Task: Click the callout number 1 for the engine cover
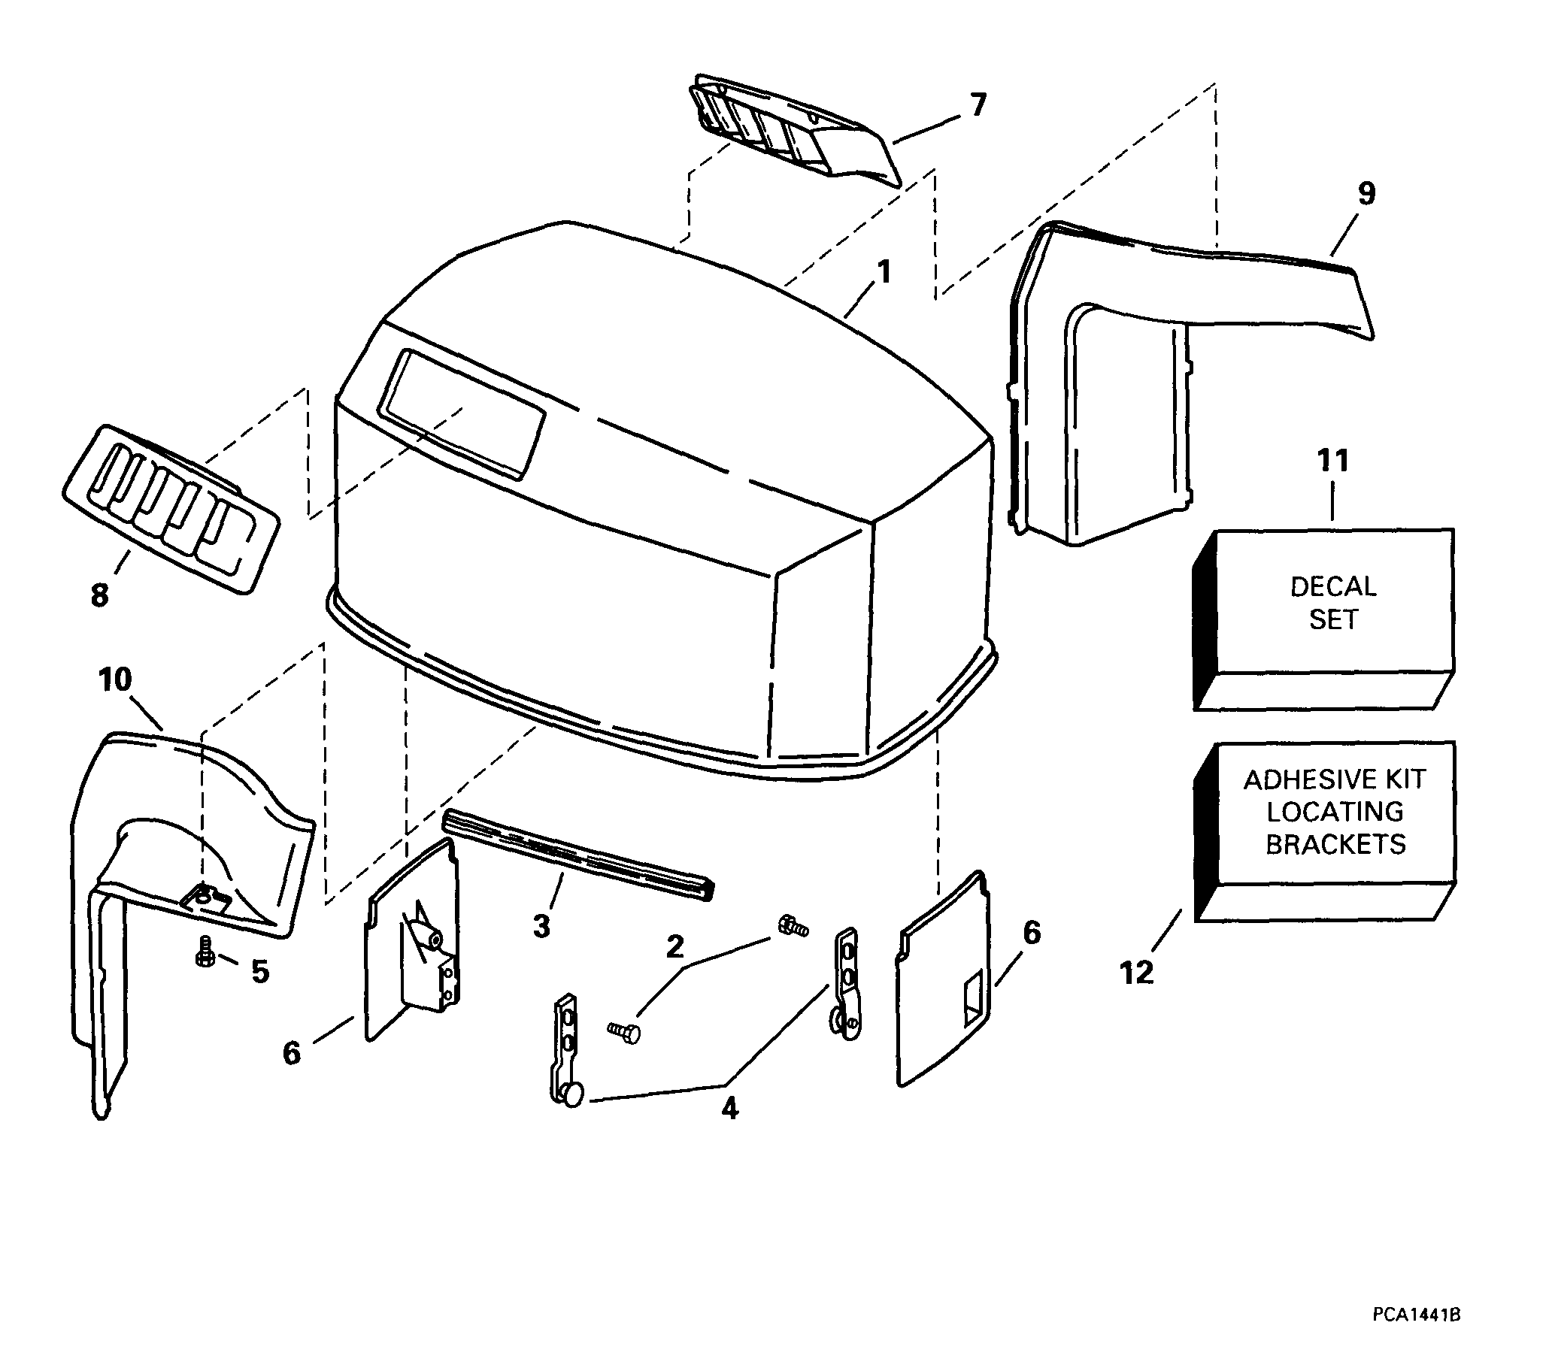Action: coord(883,273)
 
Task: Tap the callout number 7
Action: coord(978,104)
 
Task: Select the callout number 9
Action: coord(1366,194)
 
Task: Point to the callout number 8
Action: coord(99,595)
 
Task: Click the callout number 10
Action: coord(115,679)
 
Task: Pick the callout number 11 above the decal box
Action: coord(1333,461)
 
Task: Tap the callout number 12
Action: coord(1137,973)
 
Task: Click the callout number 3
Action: coord(541,926)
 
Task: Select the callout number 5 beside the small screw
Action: coord(260,972)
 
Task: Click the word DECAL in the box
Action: coord(1333,586)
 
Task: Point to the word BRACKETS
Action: coord(1335,844)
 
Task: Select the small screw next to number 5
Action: coord(205,951)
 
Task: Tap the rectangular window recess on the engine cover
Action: coord(462,414)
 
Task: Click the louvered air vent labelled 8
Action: coord(170,509)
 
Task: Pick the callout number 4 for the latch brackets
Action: coord(729,1109)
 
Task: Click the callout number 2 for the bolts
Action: coord(674,946)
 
